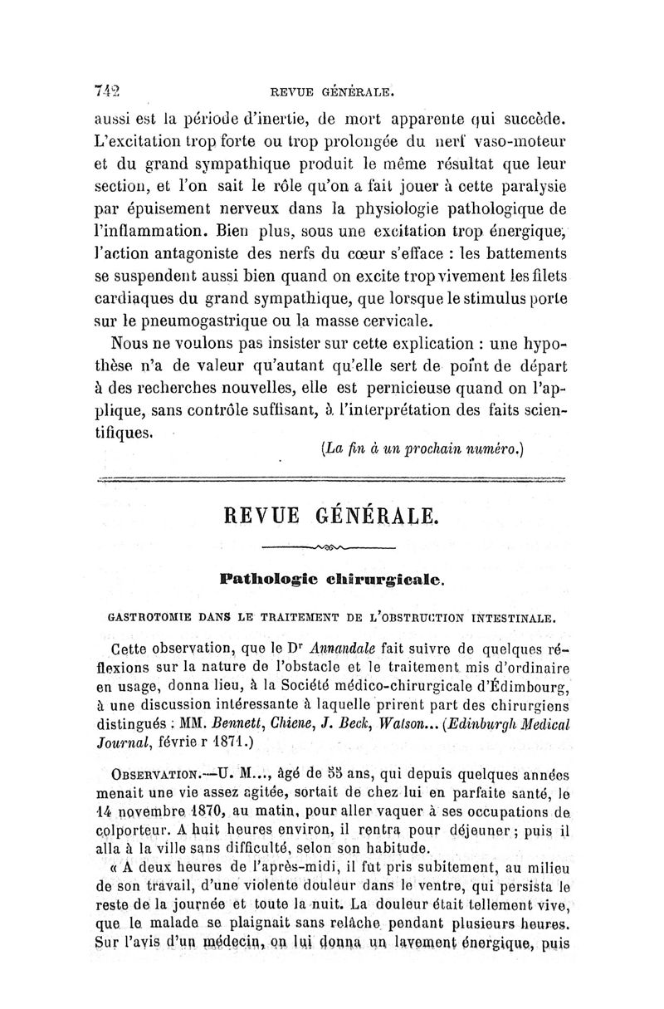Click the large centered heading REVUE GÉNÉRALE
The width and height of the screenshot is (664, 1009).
point(330,515)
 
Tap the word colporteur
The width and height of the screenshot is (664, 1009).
point(142,830)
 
